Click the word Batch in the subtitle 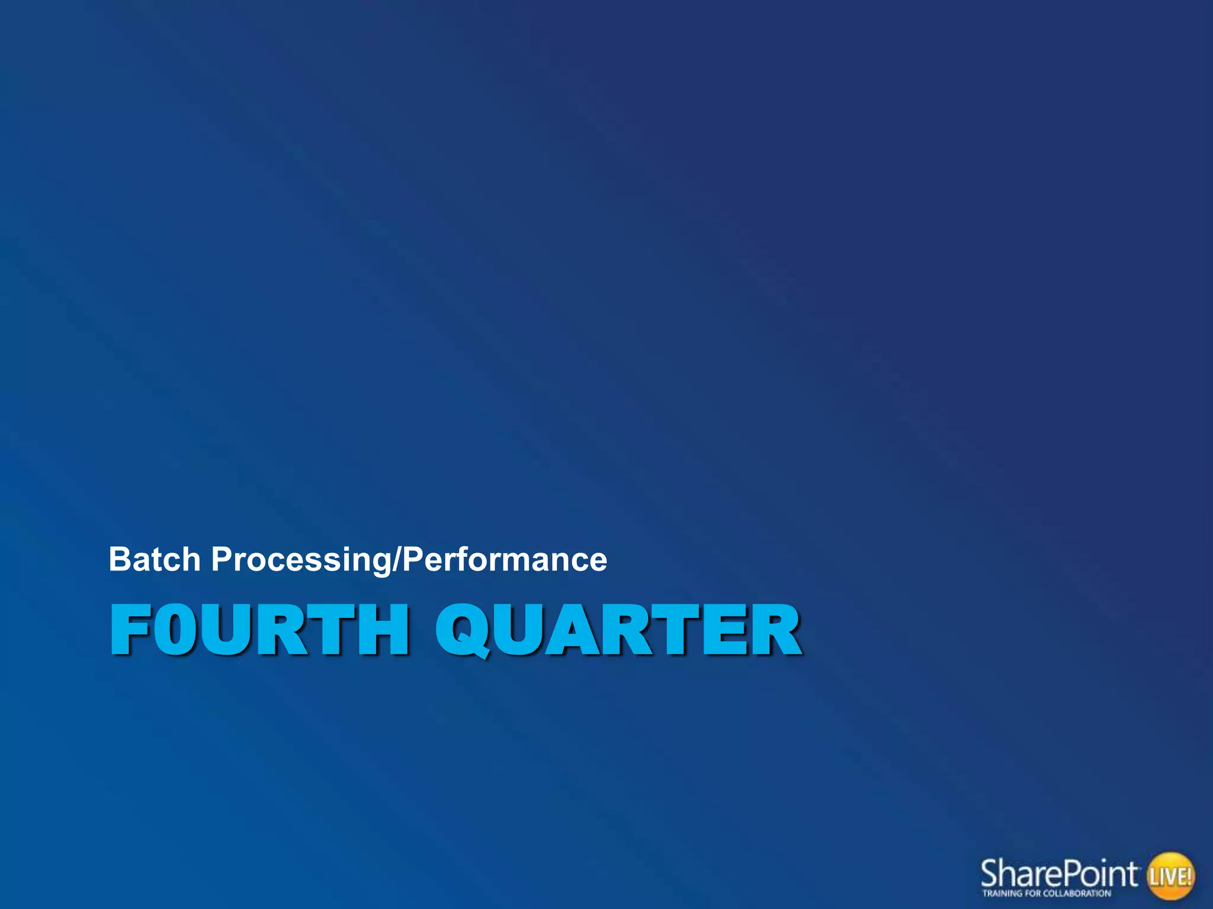(x=155, y=559)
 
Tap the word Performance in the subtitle (x=505, y=560)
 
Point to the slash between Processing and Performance (x=397, y=560)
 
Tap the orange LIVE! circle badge (x=1170, y=875)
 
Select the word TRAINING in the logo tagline (x=1001, y=894)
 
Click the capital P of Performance (x=412, y=559)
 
